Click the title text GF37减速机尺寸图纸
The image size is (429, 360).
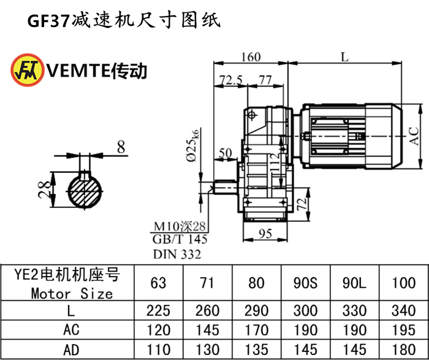coord(123,20)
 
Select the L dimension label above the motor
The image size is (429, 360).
coord(344,57)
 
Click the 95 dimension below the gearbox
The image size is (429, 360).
coord(266,234)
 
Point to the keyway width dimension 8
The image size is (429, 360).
coord(120,147)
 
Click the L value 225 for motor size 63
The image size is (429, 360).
coord(158,311)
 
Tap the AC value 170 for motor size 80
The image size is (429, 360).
coord(257,330)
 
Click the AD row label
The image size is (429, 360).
coord(71,350)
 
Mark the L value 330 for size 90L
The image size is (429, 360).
coord(355,311)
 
